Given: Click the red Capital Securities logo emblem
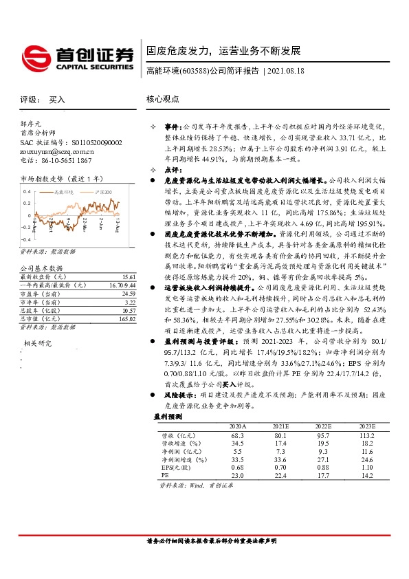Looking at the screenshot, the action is point(36,55).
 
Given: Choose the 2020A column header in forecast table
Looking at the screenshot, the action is point(238,426).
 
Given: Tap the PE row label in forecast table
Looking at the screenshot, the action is point(164,474).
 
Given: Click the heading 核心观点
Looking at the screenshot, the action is point(162,99).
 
